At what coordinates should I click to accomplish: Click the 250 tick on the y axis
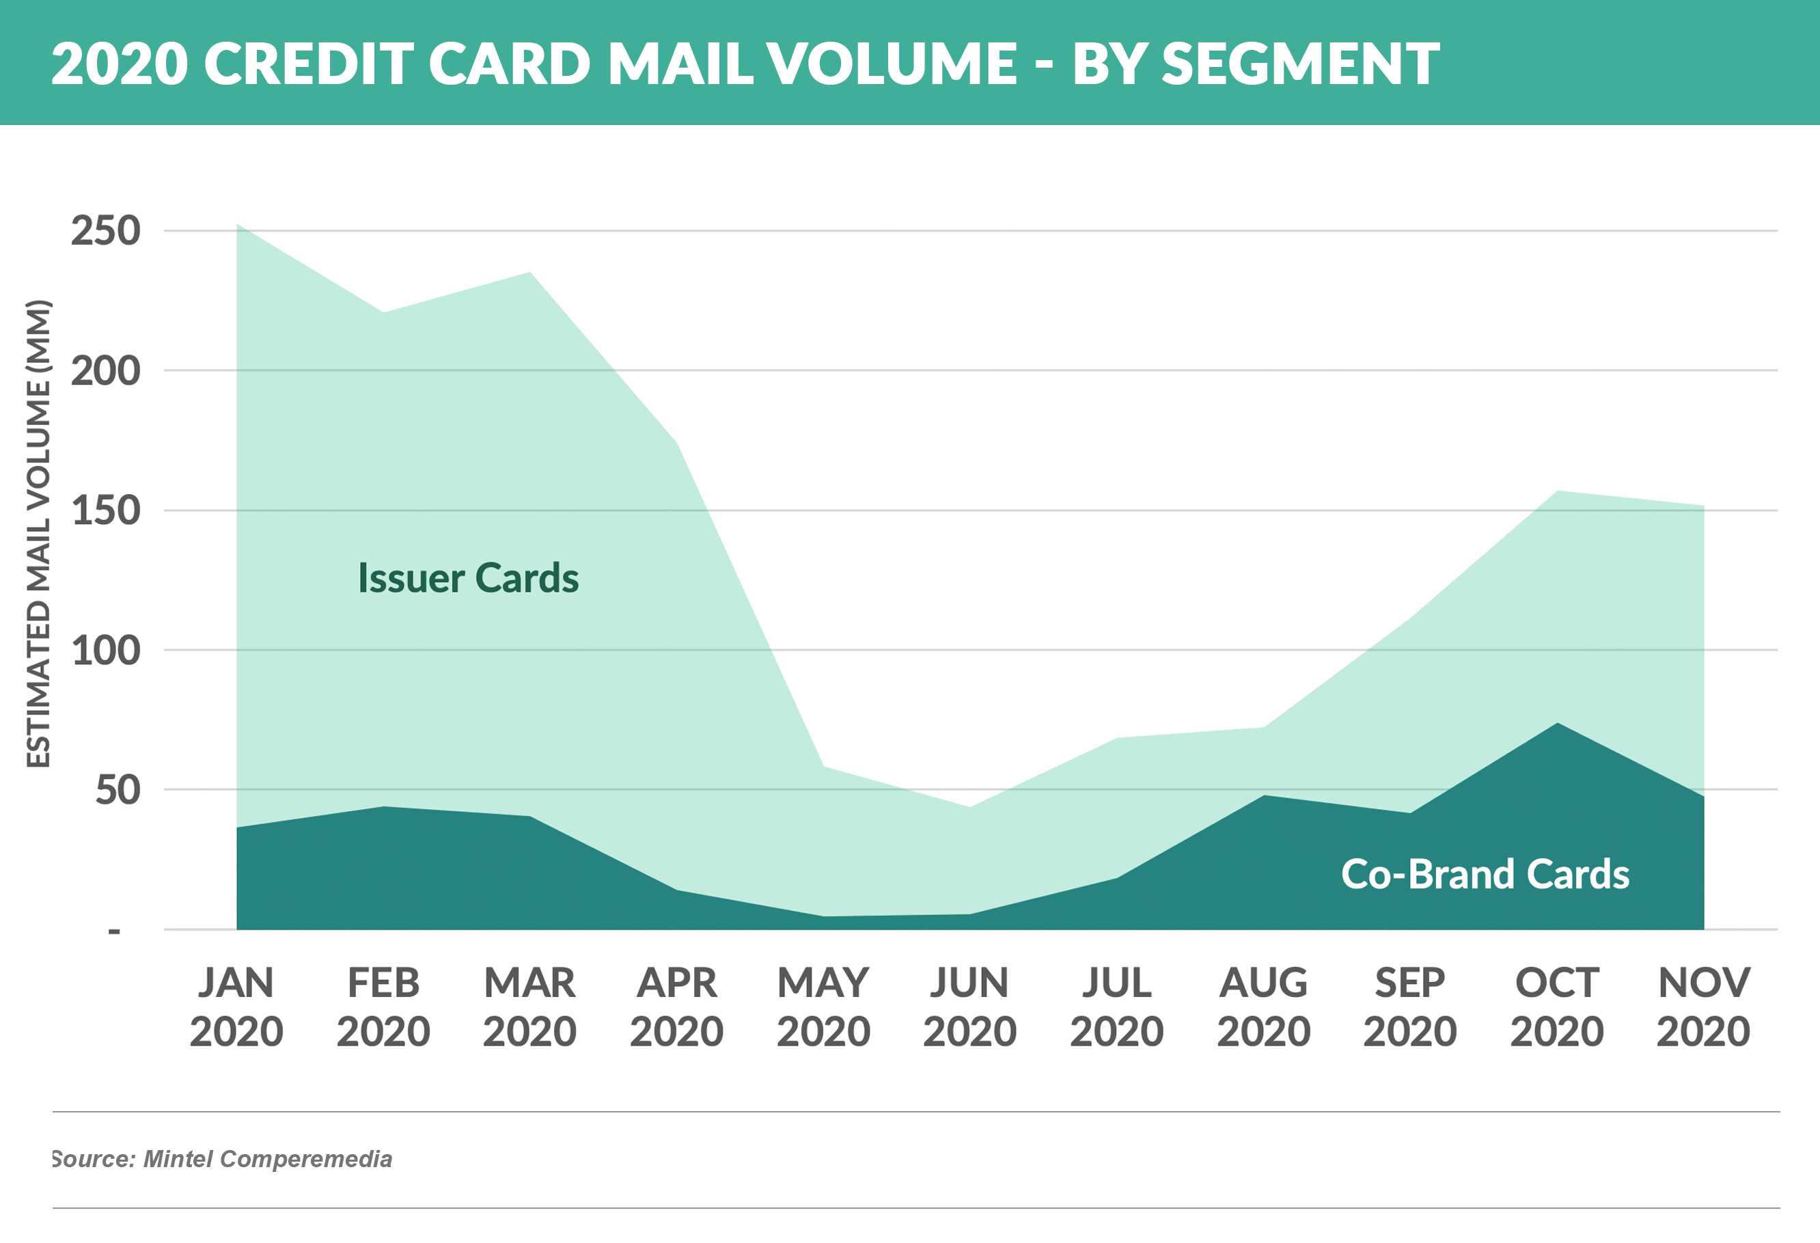(x=106, y=231)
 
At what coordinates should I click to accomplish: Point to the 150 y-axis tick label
(x=106, y=511)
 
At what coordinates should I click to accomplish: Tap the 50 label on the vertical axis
(x=118, y=791)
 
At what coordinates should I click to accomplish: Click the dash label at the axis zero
(x=114, y=931)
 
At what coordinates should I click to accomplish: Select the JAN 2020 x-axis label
(x=236, y=1007)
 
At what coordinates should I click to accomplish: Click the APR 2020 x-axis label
(x=676, y=1007)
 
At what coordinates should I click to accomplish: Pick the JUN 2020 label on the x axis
(x=969, y=1007)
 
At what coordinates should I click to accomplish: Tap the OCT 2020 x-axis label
(x=1557, y=1007)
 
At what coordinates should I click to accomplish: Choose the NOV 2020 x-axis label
(x=1703, y=1007)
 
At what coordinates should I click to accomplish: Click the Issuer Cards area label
(x=468, y=578)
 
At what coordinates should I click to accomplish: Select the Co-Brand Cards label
(x=1485, y=874)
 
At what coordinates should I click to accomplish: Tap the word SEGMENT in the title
(x=1300, y=64)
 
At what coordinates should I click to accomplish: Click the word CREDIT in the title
(x=309, y=64)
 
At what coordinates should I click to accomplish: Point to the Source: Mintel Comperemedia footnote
(x=221, y=1159)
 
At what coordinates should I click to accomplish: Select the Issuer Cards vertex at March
(x=530, y=273)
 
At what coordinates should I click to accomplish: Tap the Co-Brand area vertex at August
(x=1264, y=796)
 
